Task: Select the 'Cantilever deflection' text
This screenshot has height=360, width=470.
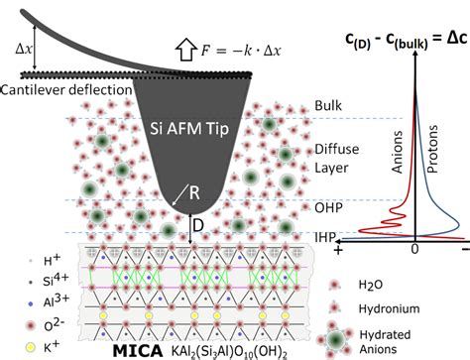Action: click(67, 89)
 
